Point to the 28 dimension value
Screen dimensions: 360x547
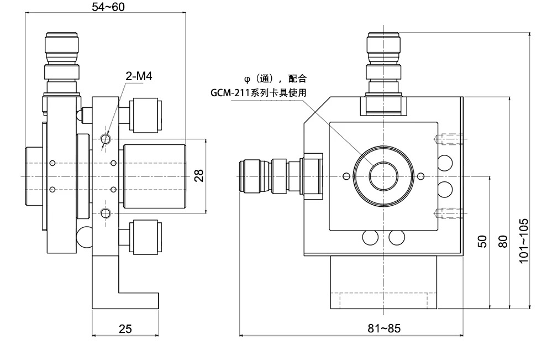pyautogui.click(x=199, y=175)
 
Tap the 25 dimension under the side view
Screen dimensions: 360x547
pyautogui.click(x=125, y=328)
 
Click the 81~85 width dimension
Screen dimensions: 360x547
pyautogui.click(x=383, y=328)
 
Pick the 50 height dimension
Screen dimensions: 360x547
pyautogui.click(x=482, y=241)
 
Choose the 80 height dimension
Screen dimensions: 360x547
pyautogui.click(x=502, y=241)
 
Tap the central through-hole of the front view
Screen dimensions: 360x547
pyautogui.click(x=382, y=176)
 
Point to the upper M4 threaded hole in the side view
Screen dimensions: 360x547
pyautogui.click(x=105, y=137)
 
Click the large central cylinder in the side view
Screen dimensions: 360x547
pyautogui.click(x=153, y=176)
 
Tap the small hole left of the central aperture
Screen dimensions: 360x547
pyautogui.click(x=346, y=176)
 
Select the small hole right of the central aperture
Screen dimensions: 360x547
pyautogui.click(x=420, y=176)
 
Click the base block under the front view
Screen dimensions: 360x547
pyautogui.click(x=384, y=282)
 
